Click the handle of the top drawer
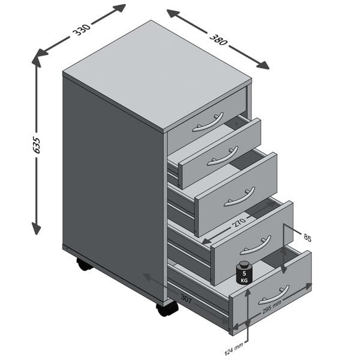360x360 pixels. pyautogui.click(x=208, y=123)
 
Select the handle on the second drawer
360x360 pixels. pyautogui.click(x=223, y=157)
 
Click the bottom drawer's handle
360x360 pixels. pyautogui.click(x=274, y=294)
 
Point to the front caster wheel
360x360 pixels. pyautogui.click(x=167, y=308)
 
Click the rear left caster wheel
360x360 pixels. pyautogui.click(x=85, y=264)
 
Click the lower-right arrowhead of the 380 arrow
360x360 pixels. pyautogui.click(x=264, y=65)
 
